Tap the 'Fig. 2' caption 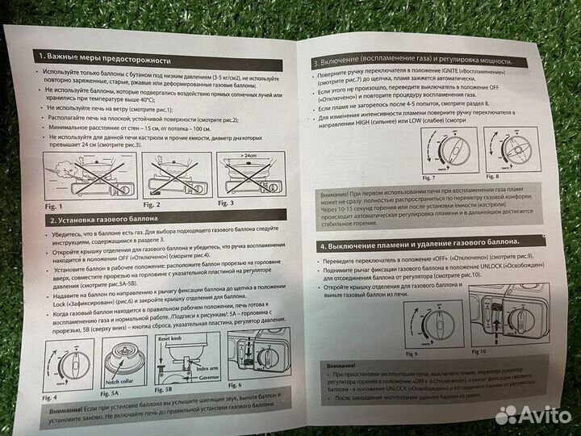click(150, 203)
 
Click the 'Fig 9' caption click(411, 353)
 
